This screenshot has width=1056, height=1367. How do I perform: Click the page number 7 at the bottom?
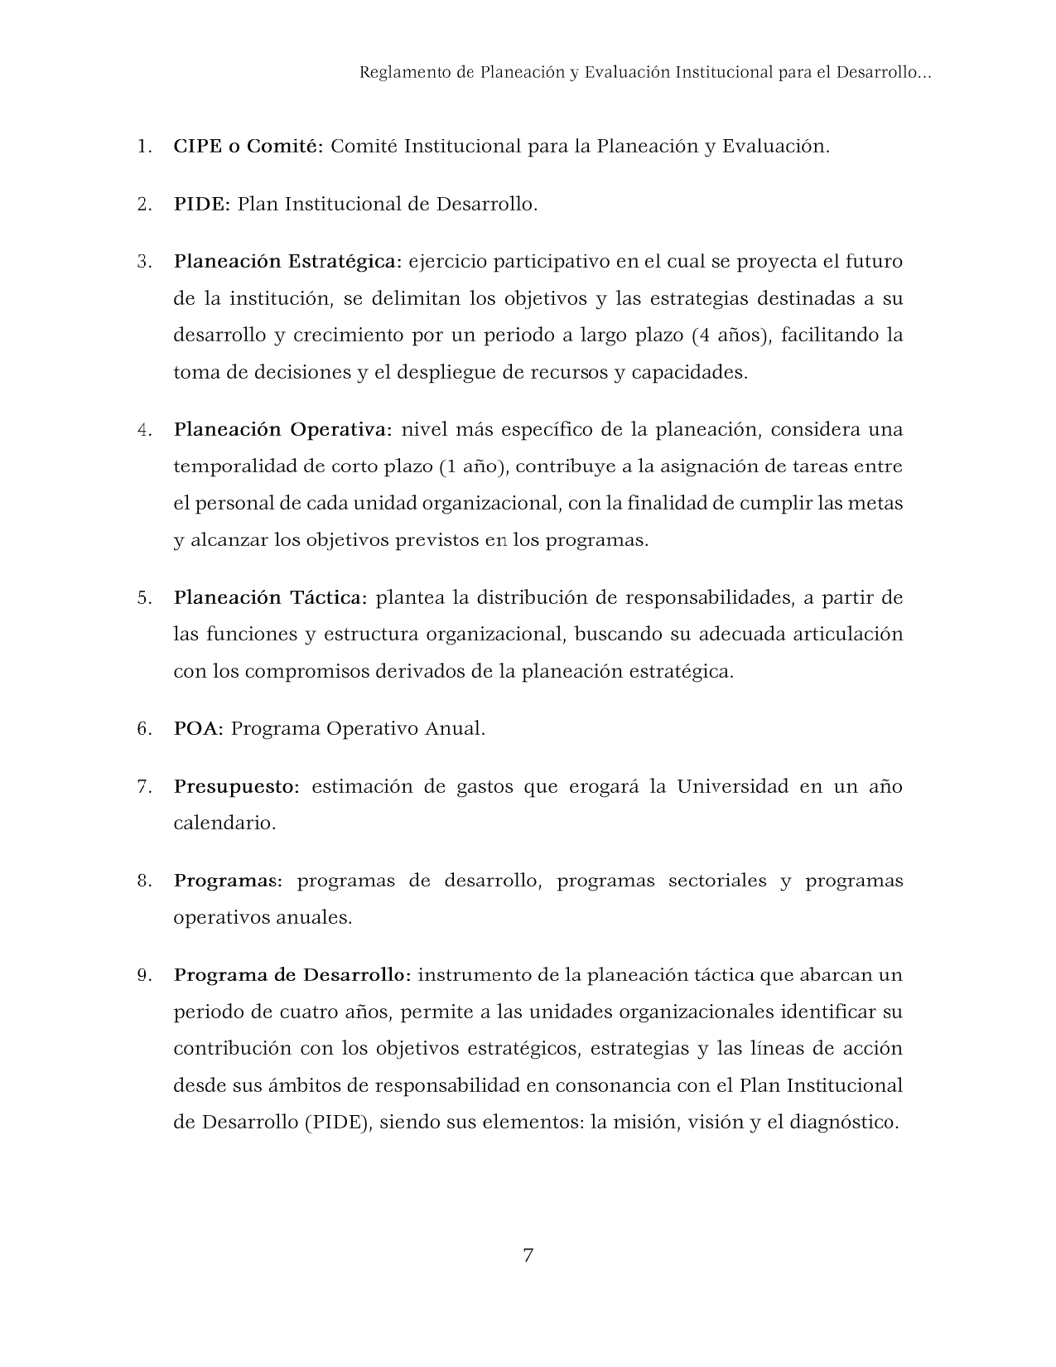click(528, 1255)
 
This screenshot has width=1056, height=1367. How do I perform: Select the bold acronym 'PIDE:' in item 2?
click(201, 204)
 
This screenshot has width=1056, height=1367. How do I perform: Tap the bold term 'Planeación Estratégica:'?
click(287, 262)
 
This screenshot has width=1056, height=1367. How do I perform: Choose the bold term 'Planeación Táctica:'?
click(270, 597)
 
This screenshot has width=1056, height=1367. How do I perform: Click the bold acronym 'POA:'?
click(199, 729)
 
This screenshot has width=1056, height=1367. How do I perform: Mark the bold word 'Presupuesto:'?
click(236, 787)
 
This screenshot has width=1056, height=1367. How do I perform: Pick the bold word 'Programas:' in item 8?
click(228, 881)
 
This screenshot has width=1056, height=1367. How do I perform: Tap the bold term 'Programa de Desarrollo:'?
click(292, 975)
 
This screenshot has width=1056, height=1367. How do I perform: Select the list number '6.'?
click(145, 729)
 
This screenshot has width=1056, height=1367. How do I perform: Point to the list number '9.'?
click(145, 975)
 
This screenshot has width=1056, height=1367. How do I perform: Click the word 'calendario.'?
click(224, 824)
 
